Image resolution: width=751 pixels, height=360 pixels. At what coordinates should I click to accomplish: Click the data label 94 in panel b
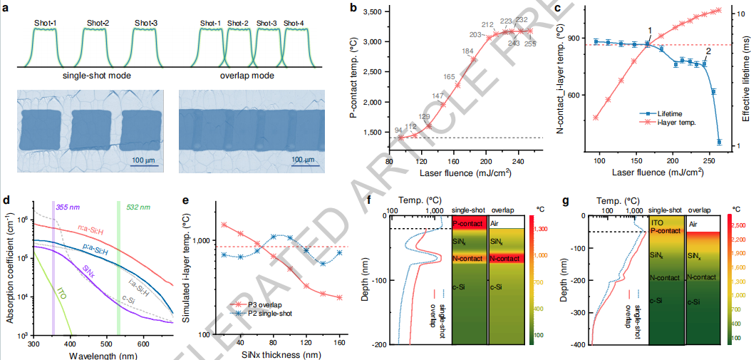click(398, 129)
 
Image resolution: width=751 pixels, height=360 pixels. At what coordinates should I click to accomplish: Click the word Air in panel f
click(494, 223)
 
